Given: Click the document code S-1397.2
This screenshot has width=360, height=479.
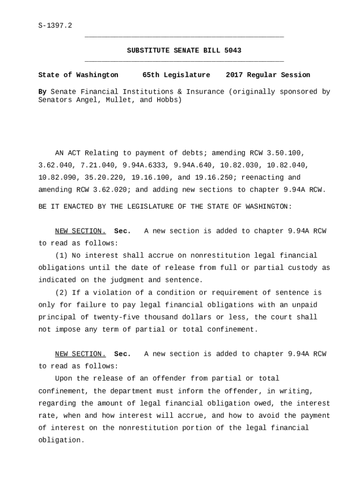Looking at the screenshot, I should point(55,25).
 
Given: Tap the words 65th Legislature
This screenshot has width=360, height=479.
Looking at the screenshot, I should point(176,75).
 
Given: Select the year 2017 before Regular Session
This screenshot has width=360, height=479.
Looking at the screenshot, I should point(234,75).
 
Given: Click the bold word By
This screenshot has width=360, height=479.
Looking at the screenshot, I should point(42,92).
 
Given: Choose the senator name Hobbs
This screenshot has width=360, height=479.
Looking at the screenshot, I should point(167,100).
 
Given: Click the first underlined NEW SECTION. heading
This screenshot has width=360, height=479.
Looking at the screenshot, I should point(80,231).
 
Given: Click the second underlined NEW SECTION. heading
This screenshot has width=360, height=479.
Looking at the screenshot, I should point(80,354).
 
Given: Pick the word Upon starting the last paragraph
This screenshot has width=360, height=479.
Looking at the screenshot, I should point(64,378).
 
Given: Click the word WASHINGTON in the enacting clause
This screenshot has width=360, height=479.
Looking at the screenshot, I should point(268,206).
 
